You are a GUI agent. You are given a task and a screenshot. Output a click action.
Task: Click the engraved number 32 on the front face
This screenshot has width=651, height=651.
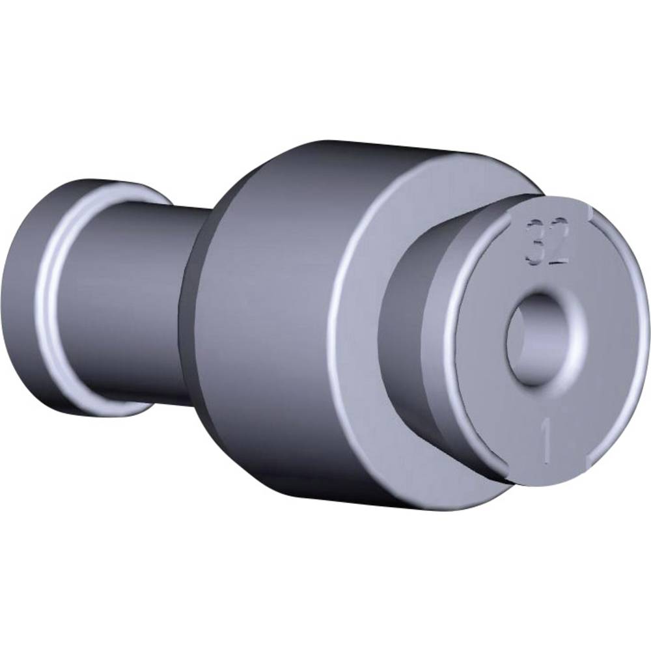(547, 243)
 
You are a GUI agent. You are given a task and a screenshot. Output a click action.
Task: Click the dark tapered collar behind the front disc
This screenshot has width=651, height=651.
(404, 325)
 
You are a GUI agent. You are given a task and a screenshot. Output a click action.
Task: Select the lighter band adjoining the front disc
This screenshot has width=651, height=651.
(449, 339)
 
